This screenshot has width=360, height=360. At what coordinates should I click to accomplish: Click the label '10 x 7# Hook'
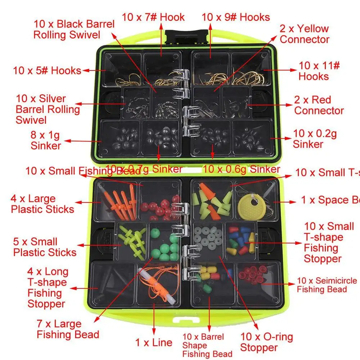[x=153, y=17]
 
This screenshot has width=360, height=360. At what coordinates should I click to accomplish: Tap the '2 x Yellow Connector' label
[x=305, y=34]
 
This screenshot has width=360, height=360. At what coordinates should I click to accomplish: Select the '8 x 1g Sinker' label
[x=46, y=141]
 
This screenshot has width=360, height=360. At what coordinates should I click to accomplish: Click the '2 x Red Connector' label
[x=319, y=105]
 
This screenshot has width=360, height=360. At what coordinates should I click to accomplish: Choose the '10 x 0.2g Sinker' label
[x=315, y=139]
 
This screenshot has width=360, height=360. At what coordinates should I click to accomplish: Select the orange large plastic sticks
[x=119, y=202]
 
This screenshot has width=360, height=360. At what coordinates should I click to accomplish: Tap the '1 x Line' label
[x=154, y=342]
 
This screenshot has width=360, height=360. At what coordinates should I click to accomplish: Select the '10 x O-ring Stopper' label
[x=266, y=342]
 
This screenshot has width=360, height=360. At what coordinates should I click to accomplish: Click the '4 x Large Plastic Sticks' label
[x=42, y=204]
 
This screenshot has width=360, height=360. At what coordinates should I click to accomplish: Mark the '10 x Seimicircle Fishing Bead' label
[x=327, y=285]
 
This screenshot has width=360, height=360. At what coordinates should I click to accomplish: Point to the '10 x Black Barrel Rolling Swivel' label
[x=74, y=30]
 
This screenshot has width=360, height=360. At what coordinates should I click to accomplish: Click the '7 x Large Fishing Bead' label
[x=68, y=329]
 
